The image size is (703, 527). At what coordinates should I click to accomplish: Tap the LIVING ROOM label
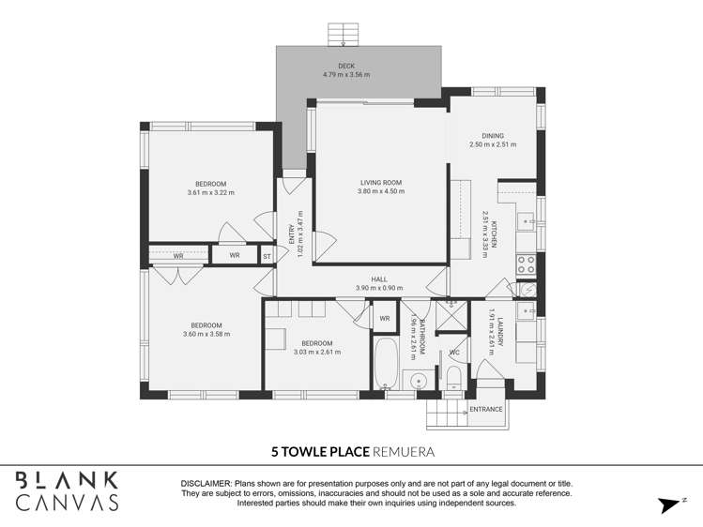coord(380,183)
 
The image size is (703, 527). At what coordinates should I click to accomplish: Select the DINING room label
coord(493,136)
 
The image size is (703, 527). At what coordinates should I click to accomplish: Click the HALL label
coord(378,279)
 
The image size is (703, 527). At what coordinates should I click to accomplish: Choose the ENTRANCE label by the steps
coord(485,409)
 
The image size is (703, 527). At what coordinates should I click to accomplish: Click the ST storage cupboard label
coord(267,256)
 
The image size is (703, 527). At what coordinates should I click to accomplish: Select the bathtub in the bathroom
coord(386,366)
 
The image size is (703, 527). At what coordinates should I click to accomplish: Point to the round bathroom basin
coord(419,380)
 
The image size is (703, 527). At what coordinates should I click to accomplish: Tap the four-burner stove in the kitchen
coord(527,264)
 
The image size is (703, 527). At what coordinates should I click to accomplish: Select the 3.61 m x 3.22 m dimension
coord(210,193)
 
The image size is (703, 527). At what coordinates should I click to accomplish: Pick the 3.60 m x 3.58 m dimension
coord(206,334)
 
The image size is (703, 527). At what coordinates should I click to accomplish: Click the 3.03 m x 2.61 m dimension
coord(316,353)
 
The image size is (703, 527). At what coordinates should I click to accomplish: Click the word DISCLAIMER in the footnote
coord(206,483)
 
